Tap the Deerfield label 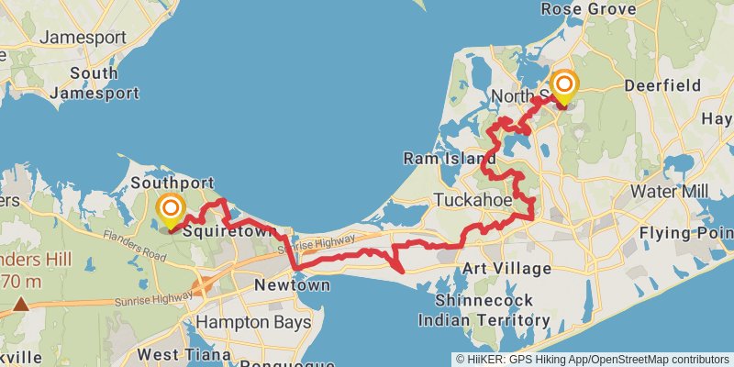coord(662,84)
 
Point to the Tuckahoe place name coord(473,199)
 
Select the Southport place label coord(172,183)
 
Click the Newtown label coord(292,285)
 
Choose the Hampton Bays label coord(253,322)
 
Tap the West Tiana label coord(181,353)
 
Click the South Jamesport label coord(94,83)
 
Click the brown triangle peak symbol coord(20,302)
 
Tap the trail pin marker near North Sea coord(563,88)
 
